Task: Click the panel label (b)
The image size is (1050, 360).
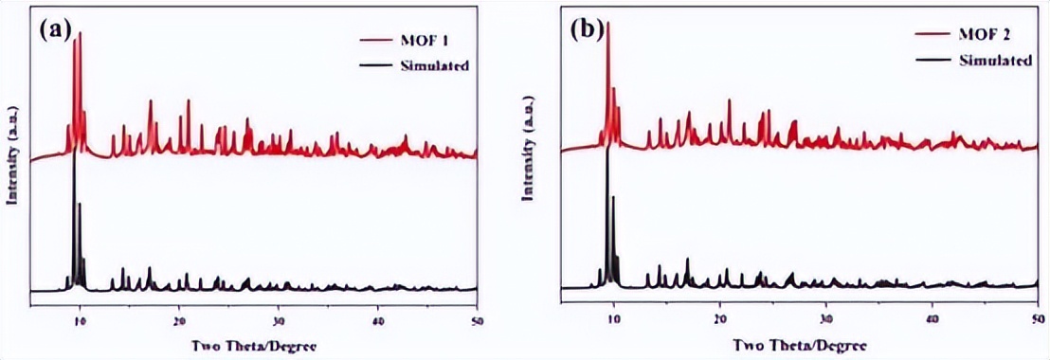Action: [588, 29]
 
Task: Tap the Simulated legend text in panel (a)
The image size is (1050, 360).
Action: [436, 65]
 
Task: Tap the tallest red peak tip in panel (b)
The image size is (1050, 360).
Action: [607, 23]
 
